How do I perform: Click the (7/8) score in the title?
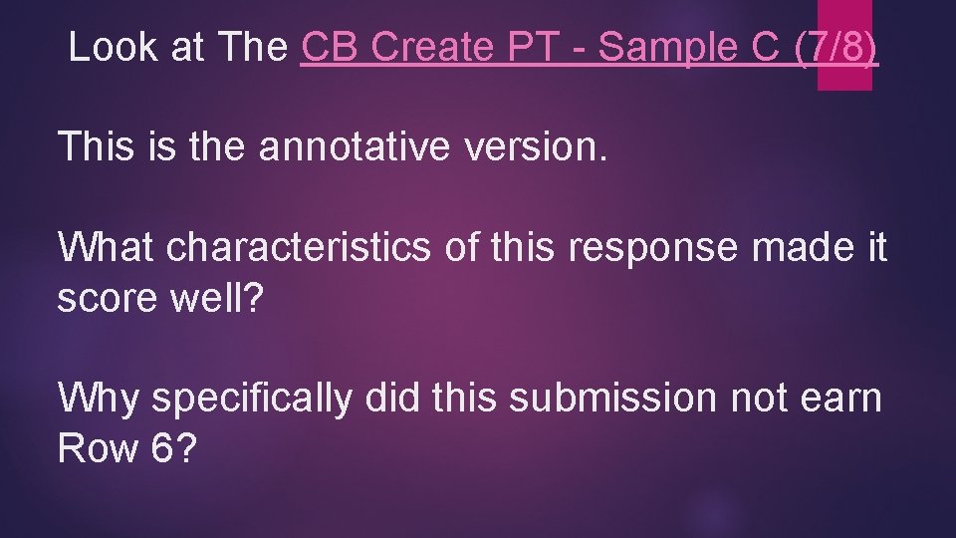tap(837, 47)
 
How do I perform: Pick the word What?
tap(107, 247)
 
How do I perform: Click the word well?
tap(224, 298)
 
